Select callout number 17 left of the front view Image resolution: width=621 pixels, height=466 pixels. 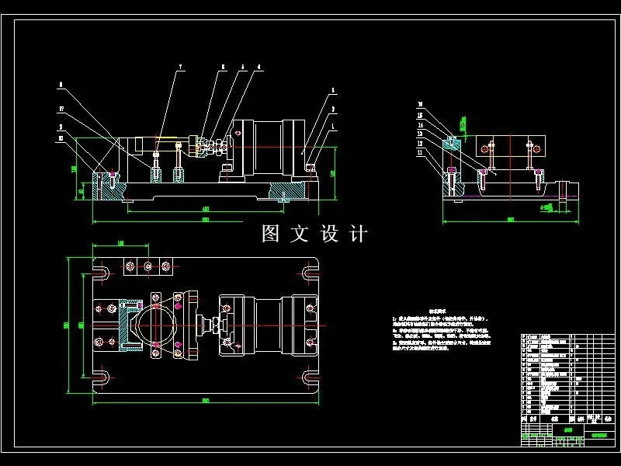click(x=61, y=110)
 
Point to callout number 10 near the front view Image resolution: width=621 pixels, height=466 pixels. click(x=61, y=139)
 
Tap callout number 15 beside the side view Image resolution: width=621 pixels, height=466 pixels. click(x=419, y=115)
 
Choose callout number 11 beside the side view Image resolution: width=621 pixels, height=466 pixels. click(x=419, y=152)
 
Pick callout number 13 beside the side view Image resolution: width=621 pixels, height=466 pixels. click(x=419, y=134)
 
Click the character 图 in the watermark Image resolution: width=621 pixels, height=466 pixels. click(x=271, y=234)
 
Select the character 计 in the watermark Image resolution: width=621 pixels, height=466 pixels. click(x=358, y=234)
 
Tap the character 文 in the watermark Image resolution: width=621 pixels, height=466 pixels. click(x=300, y=234)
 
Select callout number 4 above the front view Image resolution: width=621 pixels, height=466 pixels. click(x=241, y=68)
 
